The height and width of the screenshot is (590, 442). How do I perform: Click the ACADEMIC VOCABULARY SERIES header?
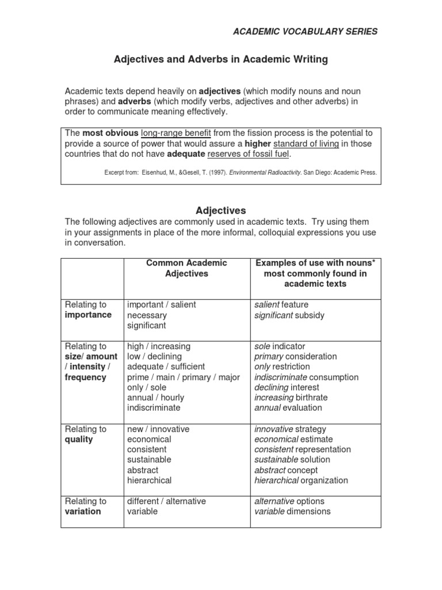305,32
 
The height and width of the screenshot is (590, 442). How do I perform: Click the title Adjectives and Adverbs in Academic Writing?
220,59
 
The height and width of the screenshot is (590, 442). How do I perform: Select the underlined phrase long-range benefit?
176,133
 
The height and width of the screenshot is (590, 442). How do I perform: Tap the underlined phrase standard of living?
306,143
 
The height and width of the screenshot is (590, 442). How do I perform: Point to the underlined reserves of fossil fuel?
249,154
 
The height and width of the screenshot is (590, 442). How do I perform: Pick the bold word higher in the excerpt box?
257,143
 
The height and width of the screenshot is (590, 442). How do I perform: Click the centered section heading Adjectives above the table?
221,211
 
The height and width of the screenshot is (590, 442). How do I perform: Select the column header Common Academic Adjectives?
186,268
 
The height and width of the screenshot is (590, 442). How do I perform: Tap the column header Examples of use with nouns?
315,273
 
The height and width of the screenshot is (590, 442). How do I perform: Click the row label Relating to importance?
88,309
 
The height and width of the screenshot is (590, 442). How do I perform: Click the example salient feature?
281,304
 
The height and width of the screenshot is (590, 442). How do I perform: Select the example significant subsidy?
289,315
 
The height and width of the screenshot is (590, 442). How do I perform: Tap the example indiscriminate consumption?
306,377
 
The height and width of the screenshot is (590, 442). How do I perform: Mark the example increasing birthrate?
291,398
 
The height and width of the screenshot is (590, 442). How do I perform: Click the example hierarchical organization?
301,480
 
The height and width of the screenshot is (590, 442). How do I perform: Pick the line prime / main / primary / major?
183,377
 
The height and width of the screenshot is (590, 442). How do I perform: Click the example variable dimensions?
292,511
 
